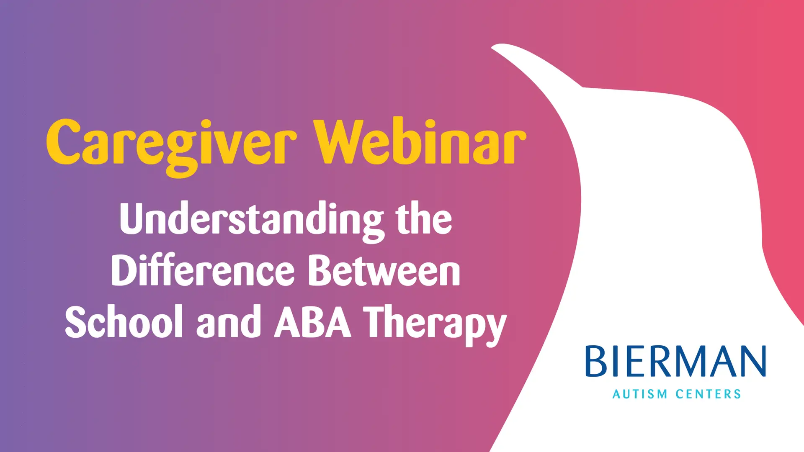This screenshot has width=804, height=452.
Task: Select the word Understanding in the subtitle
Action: (252, 222)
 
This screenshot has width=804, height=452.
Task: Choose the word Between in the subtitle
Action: (384, 271)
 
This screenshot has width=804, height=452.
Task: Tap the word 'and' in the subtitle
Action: (229, 321)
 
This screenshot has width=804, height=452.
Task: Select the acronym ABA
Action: (312, 321)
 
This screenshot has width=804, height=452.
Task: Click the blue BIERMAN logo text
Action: (675, 361)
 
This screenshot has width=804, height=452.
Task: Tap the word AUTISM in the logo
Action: (640, 394)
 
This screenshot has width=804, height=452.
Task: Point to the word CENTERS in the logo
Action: (709, 394)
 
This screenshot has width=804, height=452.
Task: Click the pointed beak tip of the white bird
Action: (492, 47)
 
